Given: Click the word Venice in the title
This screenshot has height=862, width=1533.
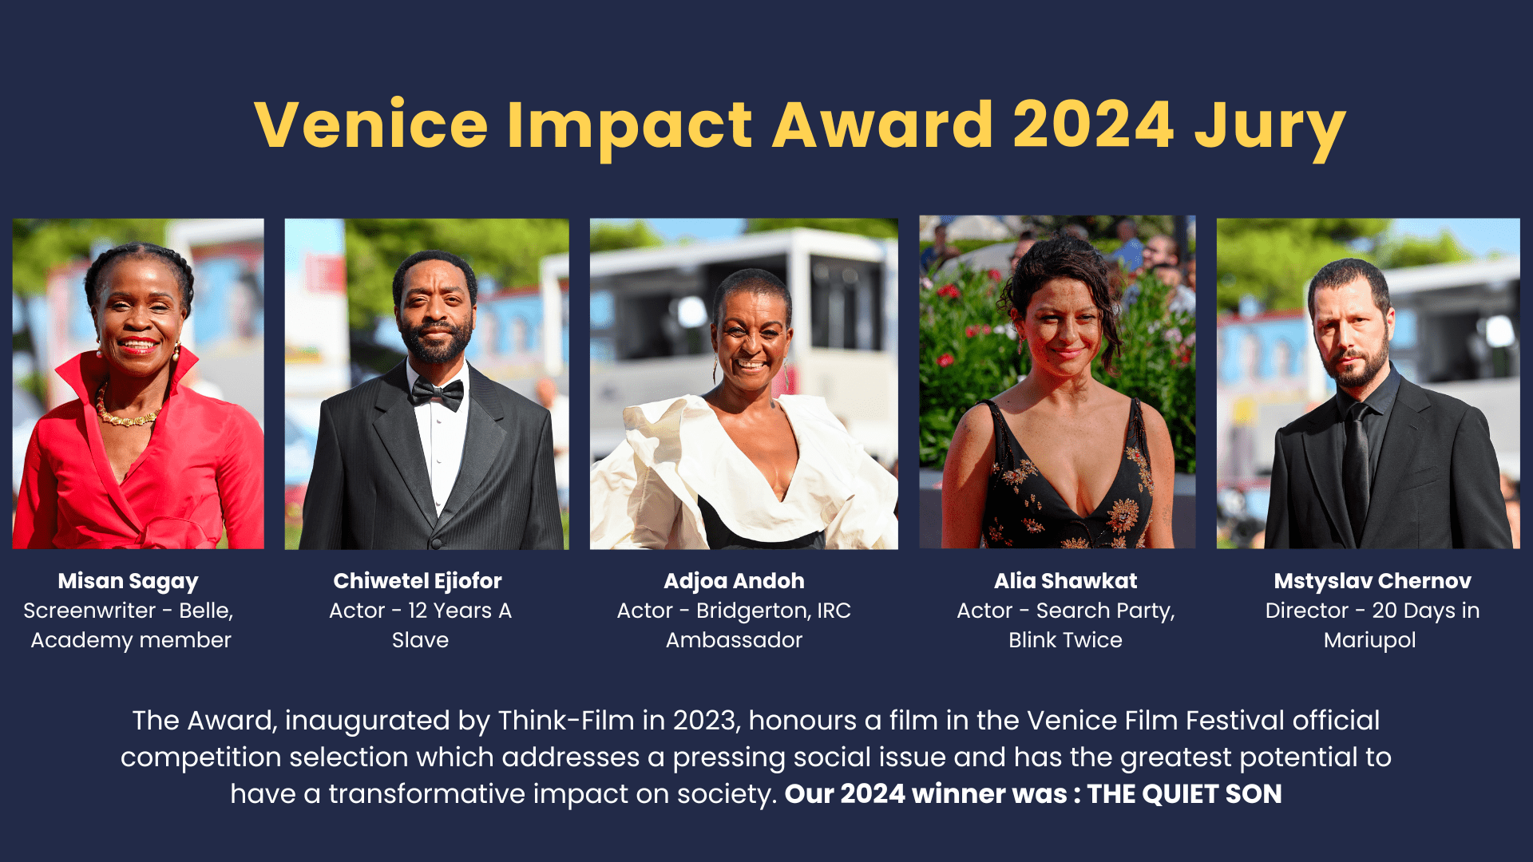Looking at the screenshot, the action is coord(371,125).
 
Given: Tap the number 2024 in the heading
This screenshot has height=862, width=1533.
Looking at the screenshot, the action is coord(1093,125).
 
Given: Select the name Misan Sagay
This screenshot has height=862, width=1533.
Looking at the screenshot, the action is coord(129,582).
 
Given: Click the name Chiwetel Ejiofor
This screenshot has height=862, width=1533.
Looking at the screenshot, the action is coord(418,581).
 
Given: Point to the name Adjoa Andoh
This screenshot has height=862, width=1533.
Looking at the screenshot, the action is coord(735,581).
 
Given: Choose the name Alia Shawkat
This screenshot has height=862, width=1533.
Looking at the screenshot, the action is coord(1066,581).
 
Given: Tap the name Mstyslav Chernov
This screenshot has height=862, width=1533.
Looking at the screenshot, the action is coord(1373,581).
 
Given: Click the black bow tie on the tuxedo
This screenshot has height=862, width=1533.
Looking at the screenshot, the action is coord(437,393).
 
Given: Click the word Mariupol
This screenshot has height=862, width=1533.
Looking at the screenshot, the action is coord(1370,641).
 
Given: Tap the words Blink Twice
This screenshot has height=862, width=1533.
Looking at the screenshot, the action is coord(1066,640).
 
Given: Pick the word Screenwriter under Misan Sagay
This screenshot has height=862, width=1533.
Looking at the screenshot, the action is coord(89,611).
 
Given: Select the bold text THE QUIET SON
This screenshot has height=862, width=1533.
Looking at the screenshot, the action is coord(1185,794).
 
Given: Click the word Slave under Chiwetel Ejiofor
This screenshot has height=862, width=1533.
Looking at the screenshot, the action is coord(421,640).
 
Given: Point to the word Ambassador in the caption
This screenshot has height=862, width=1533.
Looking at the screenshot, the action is coord(735,640).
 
